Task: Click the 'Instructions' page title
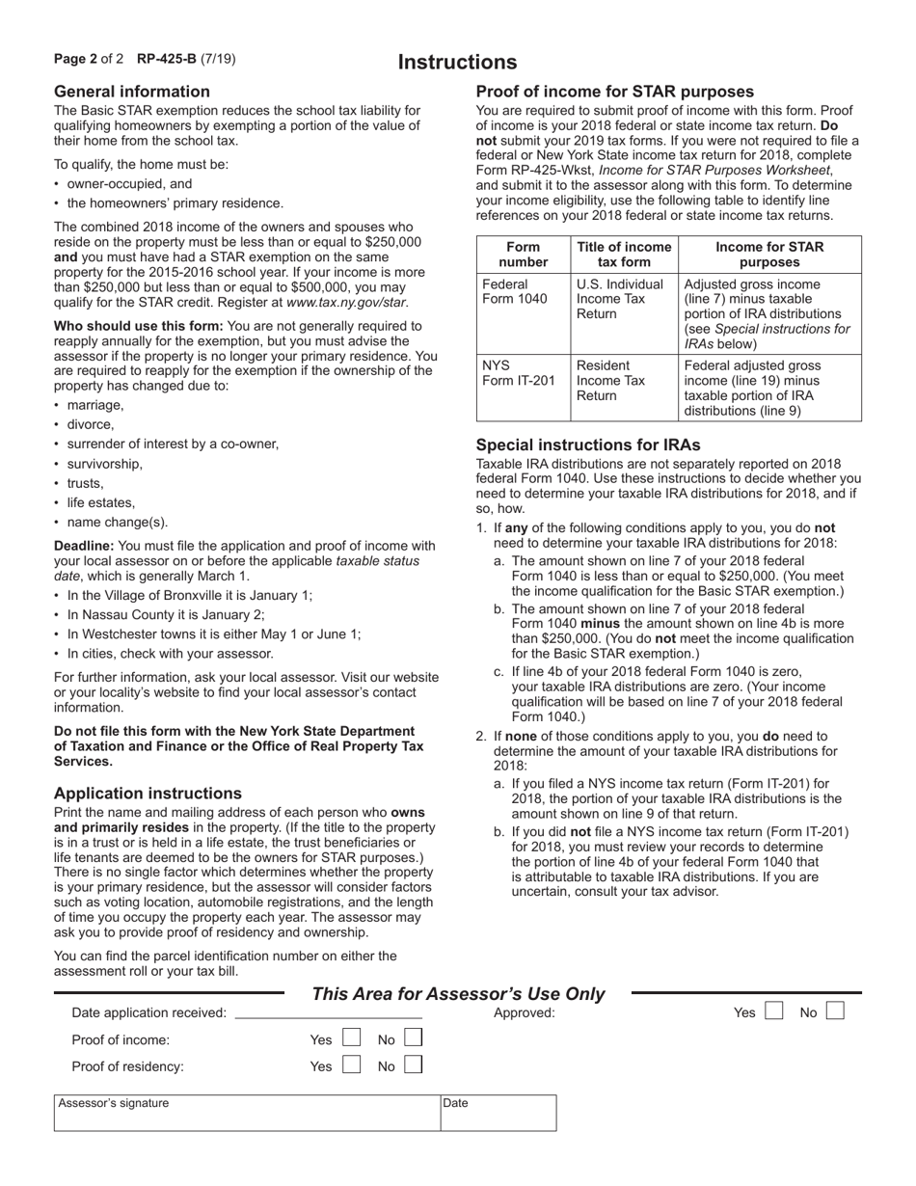[458, 63]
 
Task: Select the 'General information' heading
[132, 92]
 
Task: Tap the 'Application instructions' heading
[148, 794]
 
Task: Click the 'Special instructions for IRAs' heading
[588, 445]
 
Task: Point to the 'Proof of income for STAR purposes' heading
[615, 92]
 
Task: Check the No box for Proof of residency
[413, 1065]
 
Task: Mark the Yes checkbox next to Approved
[773, 1012]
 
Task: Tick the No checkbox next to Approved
[836, 1012]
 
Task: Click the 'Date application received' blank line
[328, 1014]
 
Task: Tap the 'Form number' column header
[524, 255]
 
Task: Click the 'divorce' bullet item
[91, 424]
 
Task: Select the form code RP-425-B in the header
[167, 59]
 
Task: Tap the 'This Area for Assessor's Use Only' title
[458, 994]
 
